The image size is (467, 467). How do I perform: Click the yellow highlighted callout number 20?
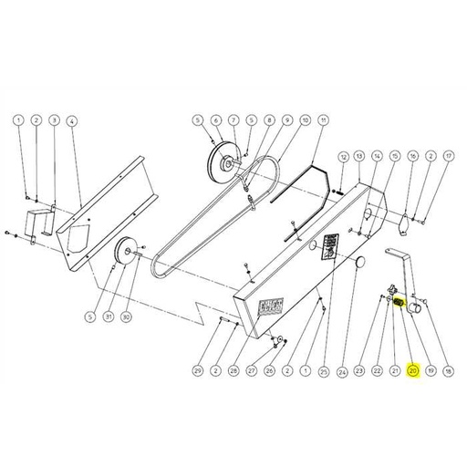pos(412,371)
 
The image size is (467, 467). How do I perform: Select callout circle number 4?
pos(72,120)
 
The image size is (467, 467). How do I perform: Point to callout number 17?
pos(448,157)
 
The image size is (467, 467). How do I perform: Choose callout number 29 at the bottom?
pos(197,371)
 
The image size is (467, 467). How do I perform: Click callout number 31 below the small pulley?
pos(109,317)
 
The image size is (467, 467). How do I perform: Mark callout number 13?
pos(359,157)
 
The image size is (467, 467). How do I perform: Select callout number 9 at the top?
pos(286,120)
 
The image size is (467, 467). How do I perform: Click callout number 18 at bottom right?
pos(448,371)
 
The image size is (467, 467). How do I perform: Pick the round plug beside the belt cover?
pos(355,263)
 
